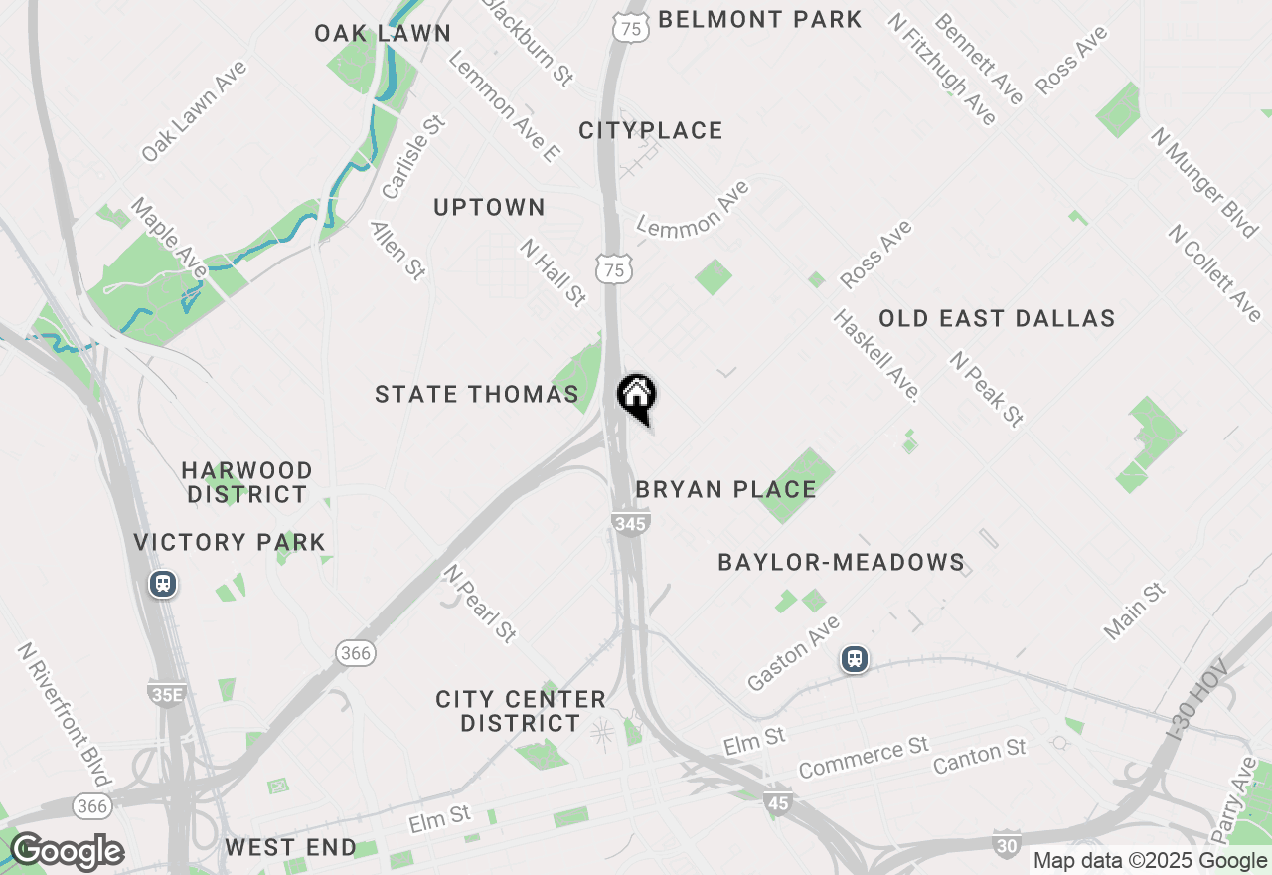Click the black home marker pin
coord(636,397)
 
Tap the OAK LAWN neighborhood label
coord(383,33)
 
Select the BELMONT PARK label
coord(760,19)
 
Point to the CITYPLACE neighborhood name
coord(651,130)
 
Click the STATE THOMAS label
coord(477,394)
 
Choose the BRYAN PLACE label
coord(725,489)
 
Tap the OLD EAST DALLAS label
coord(997,318)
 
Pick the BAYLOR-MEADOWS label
coord(841,563)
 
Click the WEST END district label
coord(290,848)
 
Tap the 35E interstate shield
coord(166,693)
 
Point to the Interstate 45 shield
coord(778,801)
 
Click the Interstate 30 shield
coord(1007,843)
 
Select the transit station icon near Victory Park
coord(163,584)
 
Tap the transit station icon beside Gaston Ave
coord(854,658)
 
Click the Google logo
coord(66,851)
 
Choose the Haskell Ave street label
coord(875,355)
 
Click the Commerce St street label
coord(864,757)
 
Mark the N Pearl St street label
coord(480,604)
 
